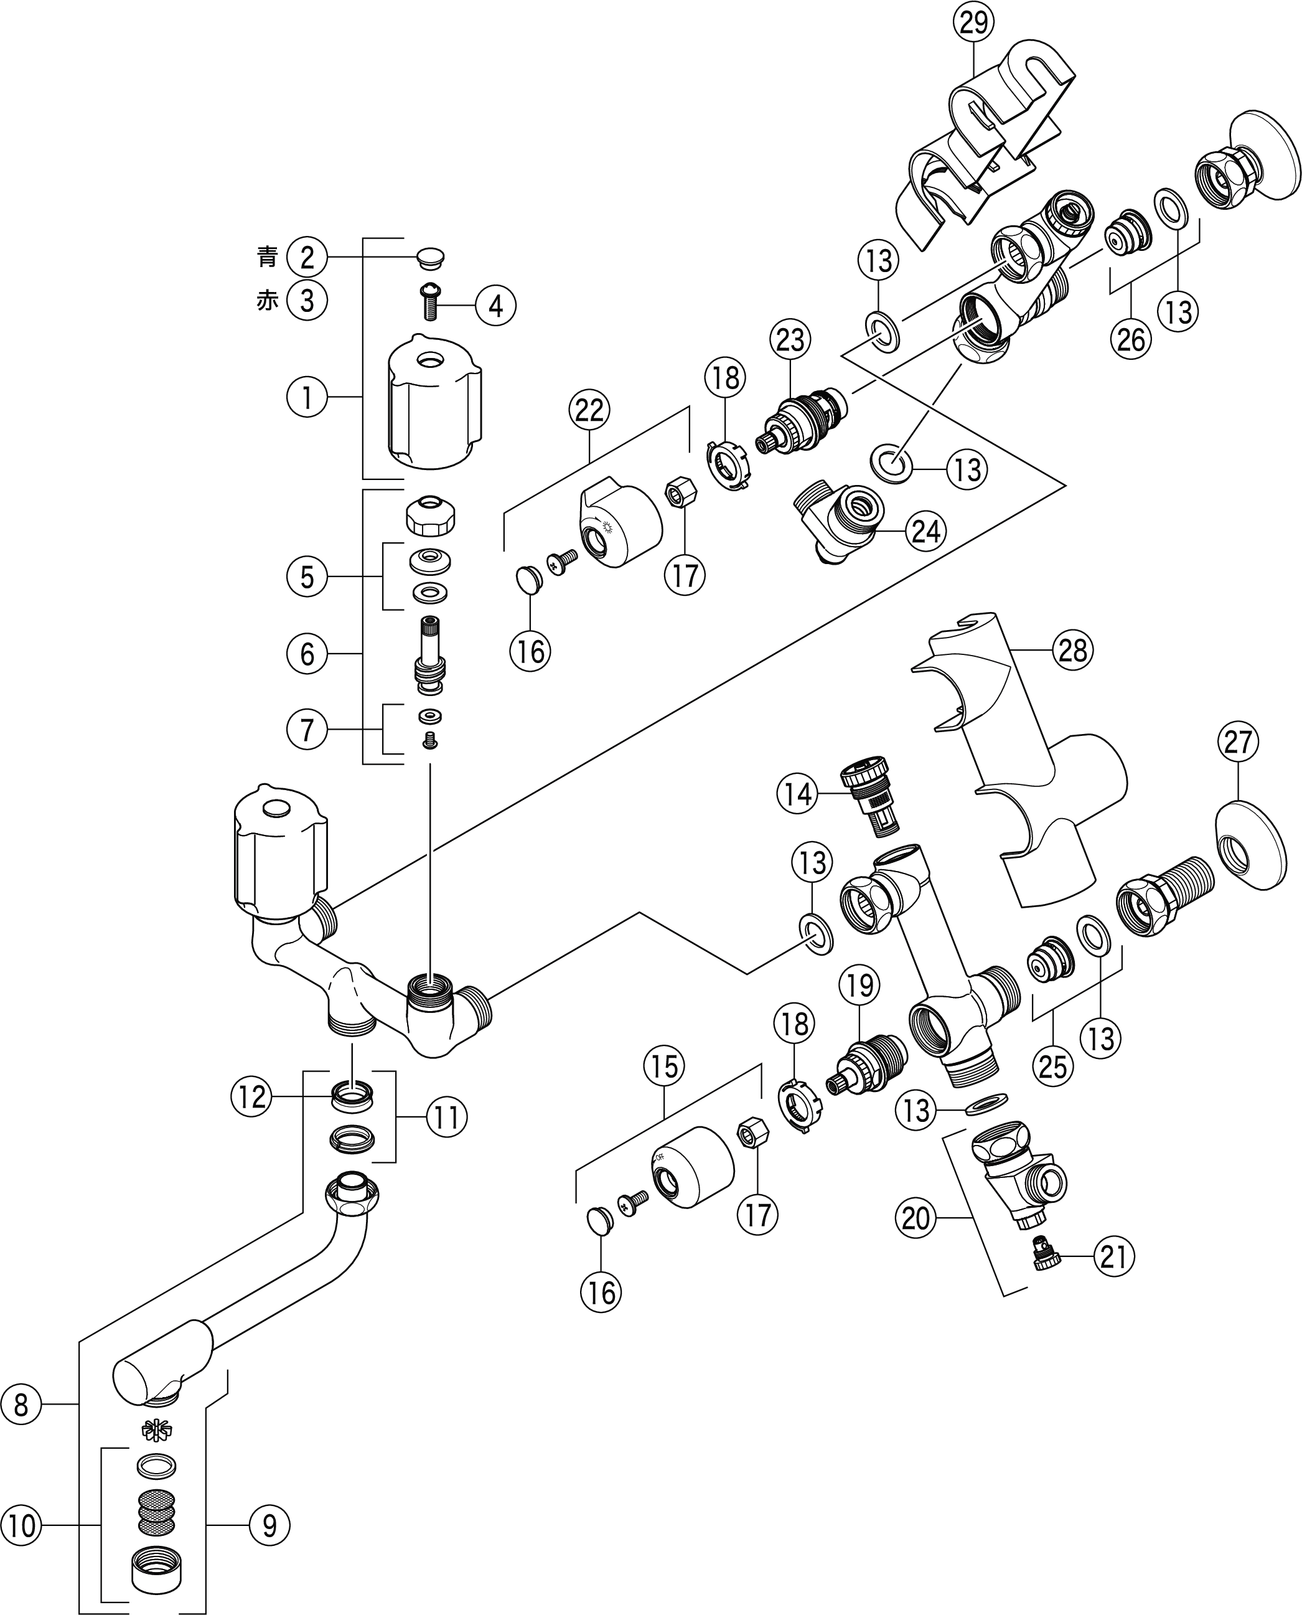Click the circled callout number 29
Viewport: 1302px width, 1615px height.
[973, 22]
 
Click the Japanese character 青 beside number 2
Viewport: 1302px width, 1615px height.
[267, 258]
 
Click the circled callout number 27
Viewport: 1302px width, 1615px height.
[1237, 743]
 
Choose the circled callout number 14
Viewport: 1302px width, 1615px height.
[797, 794]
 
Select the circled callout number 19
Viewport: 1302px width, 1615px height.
[859, 986]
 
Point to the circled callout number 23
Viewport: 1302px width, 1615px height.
[790, 340]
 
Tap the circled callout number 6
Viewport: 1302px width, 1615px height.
[307, 654]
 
